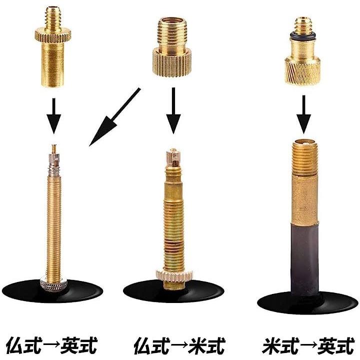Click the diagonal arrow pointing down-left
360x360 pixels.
115,116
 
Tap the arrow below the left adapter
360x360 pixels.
53,116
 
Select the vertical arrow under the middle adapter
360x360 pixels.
173,110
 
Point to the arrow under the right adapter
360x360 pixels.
303,114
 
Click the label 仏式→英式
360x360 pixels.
52,345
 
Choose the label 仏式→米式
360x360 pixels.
179,345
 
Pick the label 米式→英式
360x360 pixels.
308,345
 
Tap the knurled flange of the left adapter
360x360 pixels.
53,35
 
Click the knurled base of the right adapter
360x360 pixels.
302,70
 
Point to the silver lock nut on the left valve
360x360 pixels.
53,284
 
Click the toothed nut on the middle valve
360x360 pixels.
174,275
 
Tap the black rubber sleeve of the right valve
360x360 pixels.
304,259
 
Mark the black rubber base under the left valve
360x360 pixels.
52,291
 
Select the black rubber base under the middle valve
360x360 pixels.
174,291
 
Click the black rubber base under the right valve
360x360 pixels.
307,302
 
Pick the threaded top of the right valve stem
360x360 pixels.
305,158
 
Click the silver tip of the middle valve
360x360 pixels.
173,157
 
